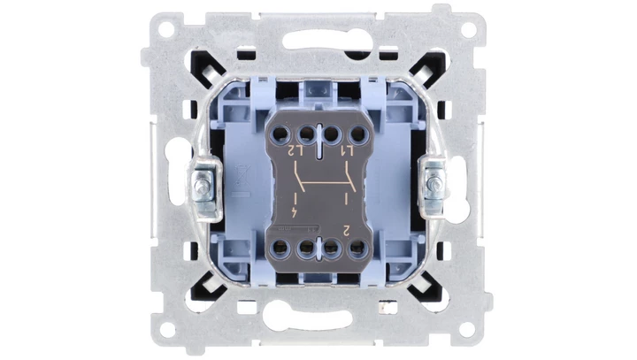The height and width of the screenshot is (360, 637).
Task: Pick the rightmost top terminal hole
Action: point(357,135)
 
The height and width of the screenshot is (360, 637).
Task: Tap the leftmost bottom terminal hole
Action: point(284,248)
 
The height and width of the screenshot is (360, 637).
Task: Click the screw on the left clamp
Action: point(203,188)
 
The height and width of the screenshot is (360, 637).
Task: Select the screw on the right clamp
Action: point(435,188)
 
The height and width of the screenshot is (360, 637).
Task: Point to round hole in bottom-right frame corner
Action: point(472,329)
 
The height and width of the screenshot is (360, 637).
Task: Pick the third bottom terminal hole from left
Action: point(333,248)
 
